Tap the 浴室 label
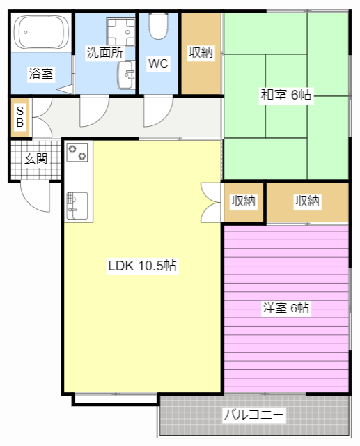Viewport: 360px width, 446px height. tap(41, 73)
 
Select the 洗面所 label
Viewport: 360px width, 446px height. tap(104, 52)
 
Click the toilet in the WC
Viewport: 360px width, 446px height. tap(159, 28)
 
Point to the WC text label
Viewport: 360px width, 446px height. tap(158, 63)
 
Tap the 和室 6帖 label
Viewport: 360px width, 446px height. tap(285, 95)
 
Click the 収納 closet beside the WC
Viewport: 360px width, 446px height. tap(201, 53)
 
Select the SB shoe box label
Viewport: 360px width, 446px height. tap(19, 116)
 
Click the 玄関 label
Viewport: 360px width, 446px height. tap(36, 158)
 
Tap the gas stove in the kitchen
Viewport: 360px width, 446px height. tap(77, 152)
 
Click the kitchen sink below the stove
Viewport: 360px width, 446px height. tap(77, 205)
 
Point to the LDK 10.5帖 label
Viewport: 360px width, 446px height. tap(141, 266)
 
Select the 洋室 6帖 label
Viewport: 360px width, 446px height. tap(286, 307)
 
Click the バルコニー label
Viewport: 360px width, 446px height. tap(253, 415)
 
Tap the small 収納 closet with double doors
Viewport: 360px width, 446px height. tap(243, 201)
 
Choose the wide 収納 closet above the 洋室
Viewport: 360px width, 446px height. tap(307, 201)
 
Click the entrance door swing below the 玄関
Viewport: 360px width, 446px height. tap(36, 196)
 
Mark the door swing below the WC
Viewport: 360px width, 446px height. tap(158, 111)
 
